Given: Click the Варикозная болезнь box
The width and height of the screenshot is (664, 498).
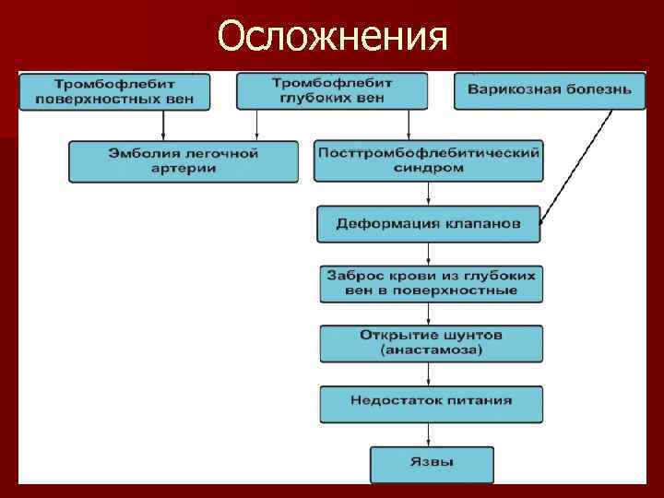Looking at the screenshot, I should pos(549,90).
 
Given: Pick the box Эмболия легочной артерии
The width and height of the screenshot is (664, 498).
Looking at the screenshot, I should pos(184,161).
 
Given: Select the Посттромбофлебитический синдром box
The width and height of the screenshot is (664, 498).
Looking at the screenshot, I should pos(428,161).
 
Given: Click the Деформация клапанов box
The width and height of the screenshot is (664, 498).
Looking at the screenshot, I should pos(428,224).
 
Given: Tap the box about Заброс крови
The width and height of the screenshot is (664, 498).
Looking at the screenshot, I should pos(431,283).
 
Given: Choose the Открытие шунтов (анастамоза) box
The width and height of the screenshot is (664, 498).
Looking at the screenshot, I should pos(431,342).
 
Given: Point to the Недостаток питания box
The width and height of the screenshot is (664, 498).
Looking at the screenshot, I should pos(431,403).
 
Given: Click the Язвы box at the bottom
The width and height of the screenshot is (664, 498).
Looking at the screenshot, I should pos(431,463).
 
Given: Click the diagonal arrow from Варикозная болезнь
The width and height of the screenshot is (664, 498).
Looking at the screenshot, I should pos(576,166).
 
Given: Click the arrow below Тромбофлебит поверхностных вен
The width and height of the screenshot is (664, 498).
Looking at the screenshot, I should pos(163,125).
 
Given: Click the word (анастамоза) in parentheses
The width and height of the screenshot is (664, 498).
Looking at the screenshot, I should pos(431,350).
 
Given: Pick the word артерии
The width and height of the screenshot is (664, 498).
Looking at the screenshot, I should pos(184,170).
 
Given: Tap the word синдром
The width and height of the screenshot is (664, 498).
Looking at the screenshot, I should pos(428,170).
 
